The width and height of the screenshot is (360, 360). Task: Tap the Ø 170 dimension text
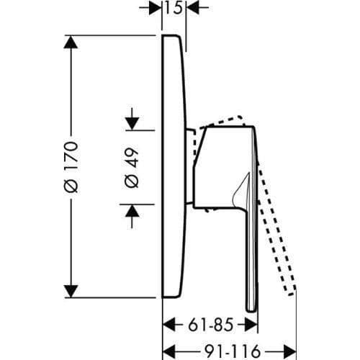pyautogui.click(x=71, y=167)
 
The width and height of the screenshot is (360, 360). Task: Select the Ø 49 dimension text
pyautogui.click(x=132, y=168)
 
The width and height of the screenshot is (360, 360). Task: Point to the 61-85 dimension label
pyautogui.click(x=210, y=325)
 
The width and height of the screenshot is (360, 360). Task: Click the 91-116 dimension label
pyautogui.click(x=233, y=352)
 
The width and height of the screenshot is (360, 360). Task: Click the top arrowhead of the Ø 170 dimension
pyautogui.click(x=71, y=42)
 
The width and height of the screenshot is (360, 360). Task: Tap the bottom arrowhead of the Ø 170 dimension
pyautogui.click(x=71, y=292)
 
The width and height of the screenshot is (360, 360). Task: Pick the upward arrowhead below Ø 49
pyautogui.click(x=132, y=211)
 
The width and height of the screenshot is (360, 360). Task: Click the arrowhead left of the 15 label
pyautogui.click(x=156, y=8)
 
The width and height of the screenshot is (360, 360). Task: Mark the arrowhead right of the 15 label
pyautogui.click(x=193, y=8)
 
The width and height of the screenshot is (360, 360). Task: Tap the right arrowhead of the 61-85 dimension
pyautogui.click(x=251, y=325)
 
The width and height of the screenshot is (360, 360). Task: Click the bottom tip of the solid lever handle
pyautogui.click(x=251, y=311)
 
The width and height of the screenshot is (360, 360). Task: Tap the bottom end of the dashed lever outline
pyautogui.click(x=291, y=294)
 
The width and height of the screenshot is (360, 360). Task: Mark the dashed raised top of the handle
pyautogui.click(x=221, y=121)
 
